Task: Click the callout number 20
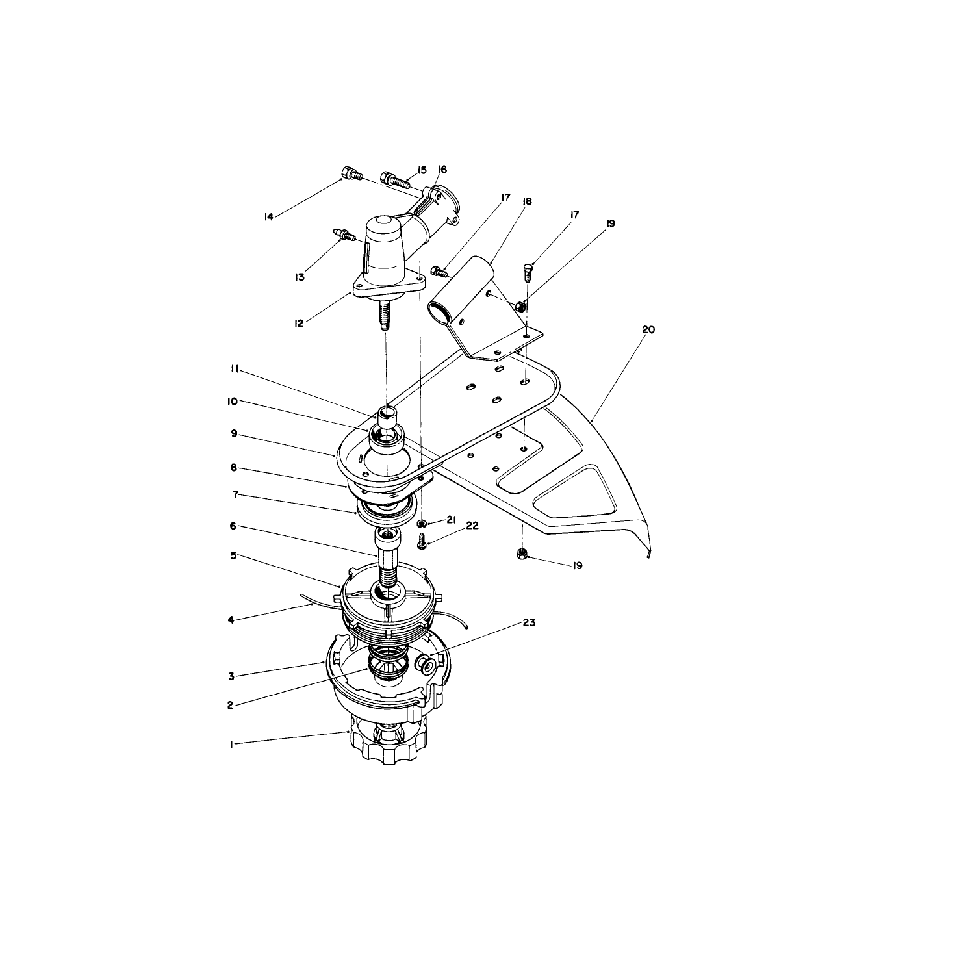point(648,330)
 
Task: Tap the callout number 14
point(269,217)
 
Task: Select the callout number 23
point(530,622)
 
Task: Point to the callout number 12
point(298,324)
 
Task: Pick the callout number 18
point(527,201)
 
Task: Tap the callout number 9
point(234,433)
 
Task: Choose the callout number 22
point(472,526)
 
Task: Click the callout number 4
point(231,620)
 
